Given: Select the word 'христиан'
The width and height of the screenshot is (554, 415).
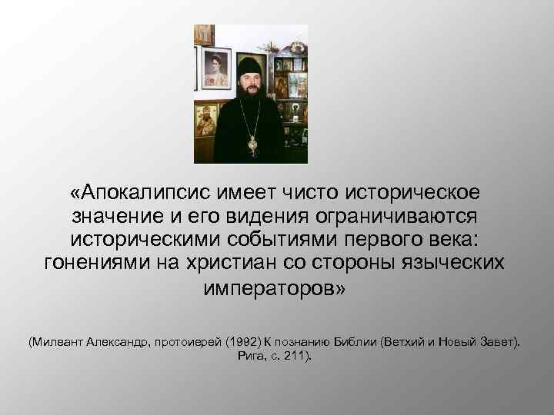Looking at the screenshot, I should (230, 263).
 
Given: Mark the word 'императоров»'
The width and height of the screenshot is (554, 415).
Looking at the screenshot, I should (276, 288).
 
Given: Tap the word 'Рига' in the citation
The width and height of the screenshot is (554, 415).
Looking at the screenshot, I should (242, 357).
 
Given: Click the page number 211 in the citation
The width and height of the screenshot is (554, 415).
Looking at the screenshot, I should (295, 357).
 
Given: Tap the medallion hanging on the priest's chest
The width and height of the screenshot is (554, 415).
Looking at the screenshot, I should (252, 143).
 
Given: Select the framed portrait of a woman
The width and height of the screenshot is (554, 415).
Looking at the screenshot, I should (215, 69).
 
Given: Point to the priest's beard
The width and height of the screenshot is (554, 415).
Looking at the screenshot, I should (248, 96).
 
